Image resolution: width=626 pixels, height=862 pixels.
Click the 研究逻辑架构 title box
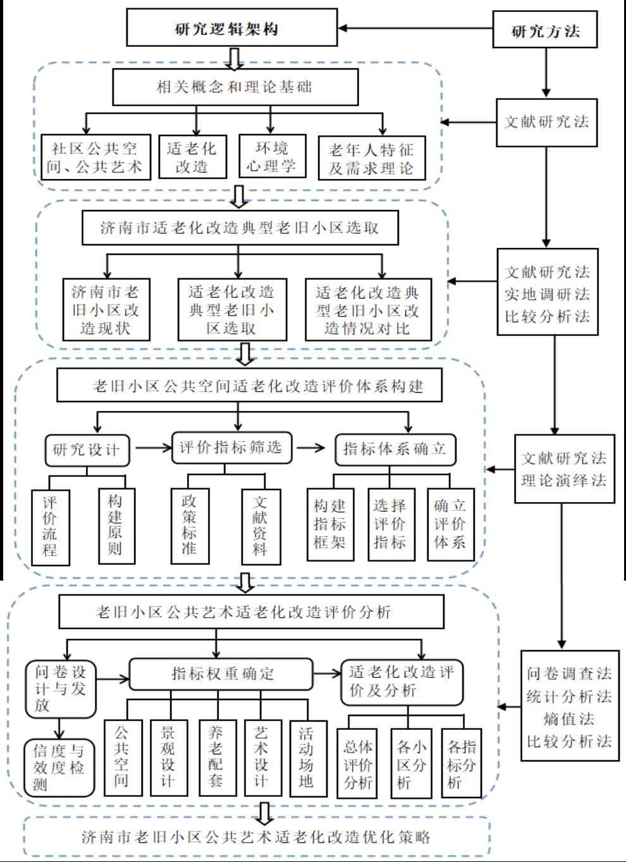pyautogui.click(x=232, y=28)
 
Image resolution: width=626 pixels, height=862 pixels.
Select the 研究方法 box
pyautogui.click(x=545, y=30)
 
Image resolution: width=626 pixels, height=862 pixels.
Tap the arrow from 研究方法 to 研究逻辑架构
pyautogui.click(x=415, y=28)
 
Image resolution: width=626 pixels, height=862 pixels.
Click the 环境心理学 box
pyautogui.click(x=273, y=156)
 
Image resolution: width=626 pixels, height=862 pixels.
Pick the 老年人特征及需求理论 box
pyautogui.click(x=372, y=157)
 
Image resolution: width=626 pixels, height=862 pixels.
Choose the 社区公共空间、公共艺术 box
pyautogui.click(x=96, y=157)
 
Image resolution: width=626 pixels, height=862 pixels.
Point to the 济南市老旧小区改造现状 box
pyautogui.click(x=106, y=309)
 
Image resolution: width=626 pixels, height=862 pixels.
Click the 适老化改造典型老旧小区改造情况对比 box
pyautogui.click(x=368, y=309)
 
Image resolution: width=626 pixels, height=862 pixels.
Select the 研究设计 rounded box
pyautogui.click(x=87, y=450)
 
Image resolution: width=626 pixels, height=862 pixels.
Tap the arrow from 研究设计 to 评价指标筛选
pyautogui.click(x=153, y=448)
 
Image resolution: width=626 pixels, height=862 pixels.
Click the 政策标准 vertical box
pyautogui.click(x=190, y=526)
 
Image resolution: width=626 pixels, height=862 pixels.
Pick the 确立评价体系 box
pyautogui.click(x=451, y=524)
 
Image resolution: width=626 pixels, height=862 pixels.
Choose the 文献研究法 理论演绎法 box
pyautogui.click(x=565, y=469)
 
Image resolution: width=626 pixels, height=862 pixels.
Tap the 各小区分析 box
pyautogui.click(x=411, y=763)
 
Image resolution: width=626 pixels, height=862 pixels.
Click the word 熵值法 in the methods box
pyautogui.click(x=569, y=718)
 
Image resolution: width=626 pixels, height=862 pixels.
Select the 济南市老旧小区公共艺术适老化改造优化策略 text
pyautogui.click(x=256, y=837)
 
